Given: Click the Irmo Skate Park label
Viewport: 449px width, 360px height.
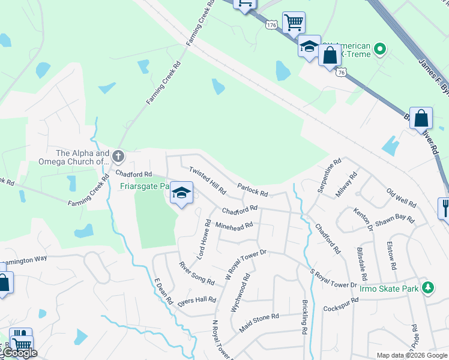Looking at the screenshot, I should tap(388, 289).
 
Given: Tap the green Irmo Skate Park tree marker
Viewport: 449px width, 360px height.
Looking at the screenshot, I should tap(427, 287).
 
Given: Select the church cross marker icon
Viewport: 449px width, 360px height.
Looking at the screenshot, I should tap(118, 157).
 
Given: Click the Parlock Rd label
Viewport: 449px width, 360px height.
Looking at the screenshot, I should tap(252, 190).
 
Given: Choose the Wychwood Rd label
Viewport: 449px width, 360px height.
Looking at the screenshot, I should tap(240, 293).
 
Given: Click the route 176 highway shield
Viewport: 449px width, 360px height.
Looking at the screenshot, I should tap(272, 24).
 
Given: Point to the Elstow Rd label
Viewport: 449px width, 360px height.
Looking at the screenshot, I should tap(391, 256).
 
